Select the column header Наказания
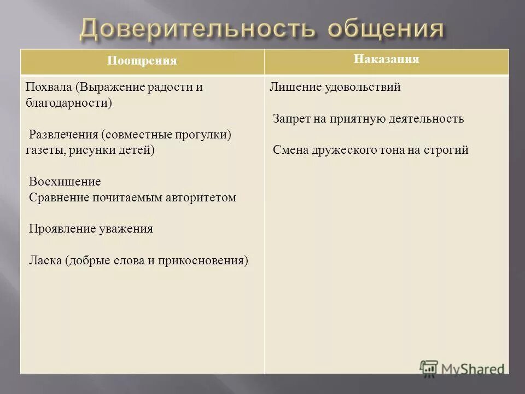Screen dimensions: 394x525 (x=386, y=59)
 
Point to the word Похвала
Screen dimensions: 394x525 (x=49, y=88)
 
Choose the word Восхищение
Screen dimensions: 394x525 (x=65, y=182)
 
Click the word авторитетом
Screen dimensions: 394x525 (x=201, y=198)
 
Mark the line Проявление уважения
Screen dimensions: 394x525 (x=91, y=229)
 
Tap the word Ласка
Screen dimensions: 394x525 (x=45, y=260)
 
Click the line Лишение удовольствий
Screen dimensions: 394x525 (x=335, y=87)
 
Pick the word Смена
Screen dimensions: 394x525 (x=290, y=150)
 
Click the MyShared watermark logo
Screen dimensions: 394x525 (x=462, y=368)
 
